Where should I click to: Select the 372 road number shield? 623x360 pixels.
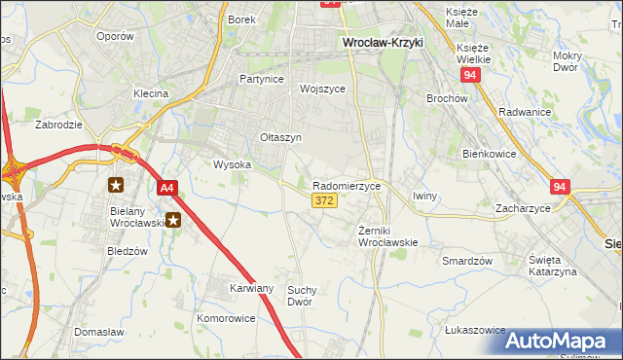pyautogui.click(x=325, y=200)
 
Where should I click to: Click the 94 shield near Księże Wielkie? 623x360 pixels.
pyautogui.click(x=472, y=75)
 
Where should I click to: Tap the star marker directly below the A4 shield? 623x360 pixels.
pyautogui.click(x=173, y=220)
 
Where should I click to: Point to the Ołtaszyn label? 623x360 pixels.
pyautogui.click(x=280, y=138)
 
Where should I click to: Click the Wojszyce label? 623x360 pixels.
pyautogui.click(x=323, y=89)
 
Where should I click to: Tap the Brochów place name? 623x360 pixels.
pyautogui.click(x=448, y=98)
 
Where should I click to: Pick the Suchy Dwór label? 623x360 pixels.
pyautogui.click(x=306, y=296)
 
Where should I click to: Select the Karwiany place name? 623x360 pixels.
pyautogui.click(x=251, y=289)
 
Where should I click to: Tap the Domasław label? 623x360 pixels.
pyautogui.click(x=97, y=332)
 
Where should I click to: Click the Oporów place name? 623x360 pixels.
pyautogui.click(x=115, y=36)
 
